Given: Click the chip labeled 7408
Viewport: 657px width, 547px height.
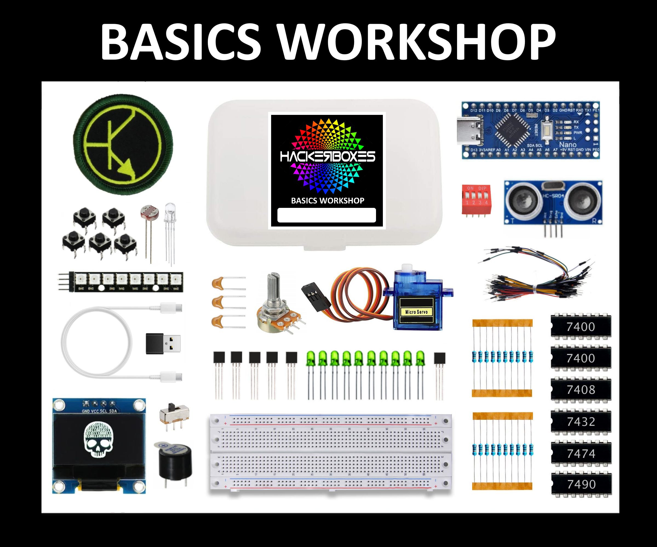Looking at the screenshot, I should (581, 390).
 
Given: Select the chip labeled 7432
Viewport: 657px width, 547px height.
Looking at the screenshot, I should (581, 422).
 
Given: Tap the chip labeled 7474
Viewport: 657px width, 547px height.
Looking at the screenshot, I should (581, 453).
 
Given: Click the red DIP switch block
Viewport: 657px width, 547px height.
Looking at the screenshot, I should (476, 199).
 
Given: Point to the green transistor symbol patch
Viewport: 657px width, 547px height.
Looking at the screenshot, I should (123, 144).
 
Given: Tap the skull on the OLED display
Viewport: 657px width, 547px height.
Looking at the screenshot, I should (99, 439).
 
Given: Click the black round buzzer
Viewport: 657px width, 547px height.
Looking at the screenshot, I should (175, 462).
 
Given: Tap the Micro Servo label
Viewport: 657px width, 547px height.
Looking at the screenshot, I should (416, 312).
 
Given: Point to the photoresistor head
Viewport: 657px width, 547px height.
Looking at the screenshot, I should (150, 213).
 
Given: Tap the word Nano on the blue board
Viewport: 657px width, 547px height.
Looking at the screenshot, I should (567, 145).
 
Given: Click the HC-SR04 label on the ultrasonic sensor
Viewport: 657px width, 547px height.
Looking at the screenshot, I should (553, 196).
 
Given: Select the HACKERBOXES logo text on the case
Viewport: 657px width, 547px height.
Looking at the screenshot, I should (327, 157).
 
